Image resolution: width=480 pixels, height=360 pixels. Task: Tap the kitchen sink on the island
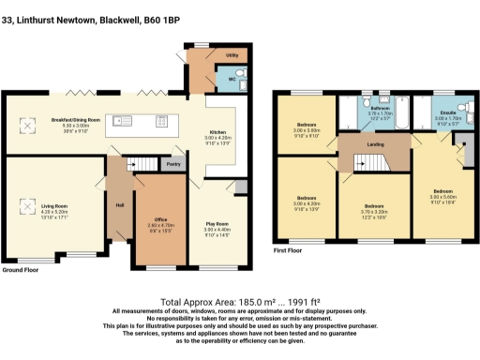click(x=123, y=120)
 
